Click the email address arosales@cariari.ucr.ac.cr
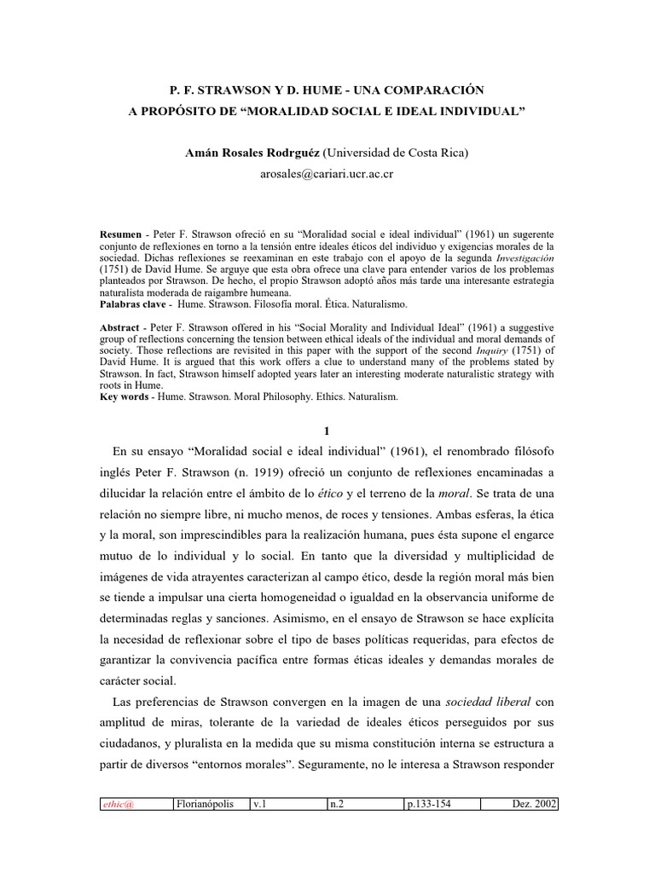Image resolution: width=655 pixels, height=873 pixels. (x=327, y=175)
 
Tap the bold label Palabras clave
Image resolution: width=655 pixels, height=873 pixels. (x=130, y=303)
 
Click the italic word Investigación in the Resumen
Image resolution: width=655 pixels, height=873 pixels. (x=519, y=256)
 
